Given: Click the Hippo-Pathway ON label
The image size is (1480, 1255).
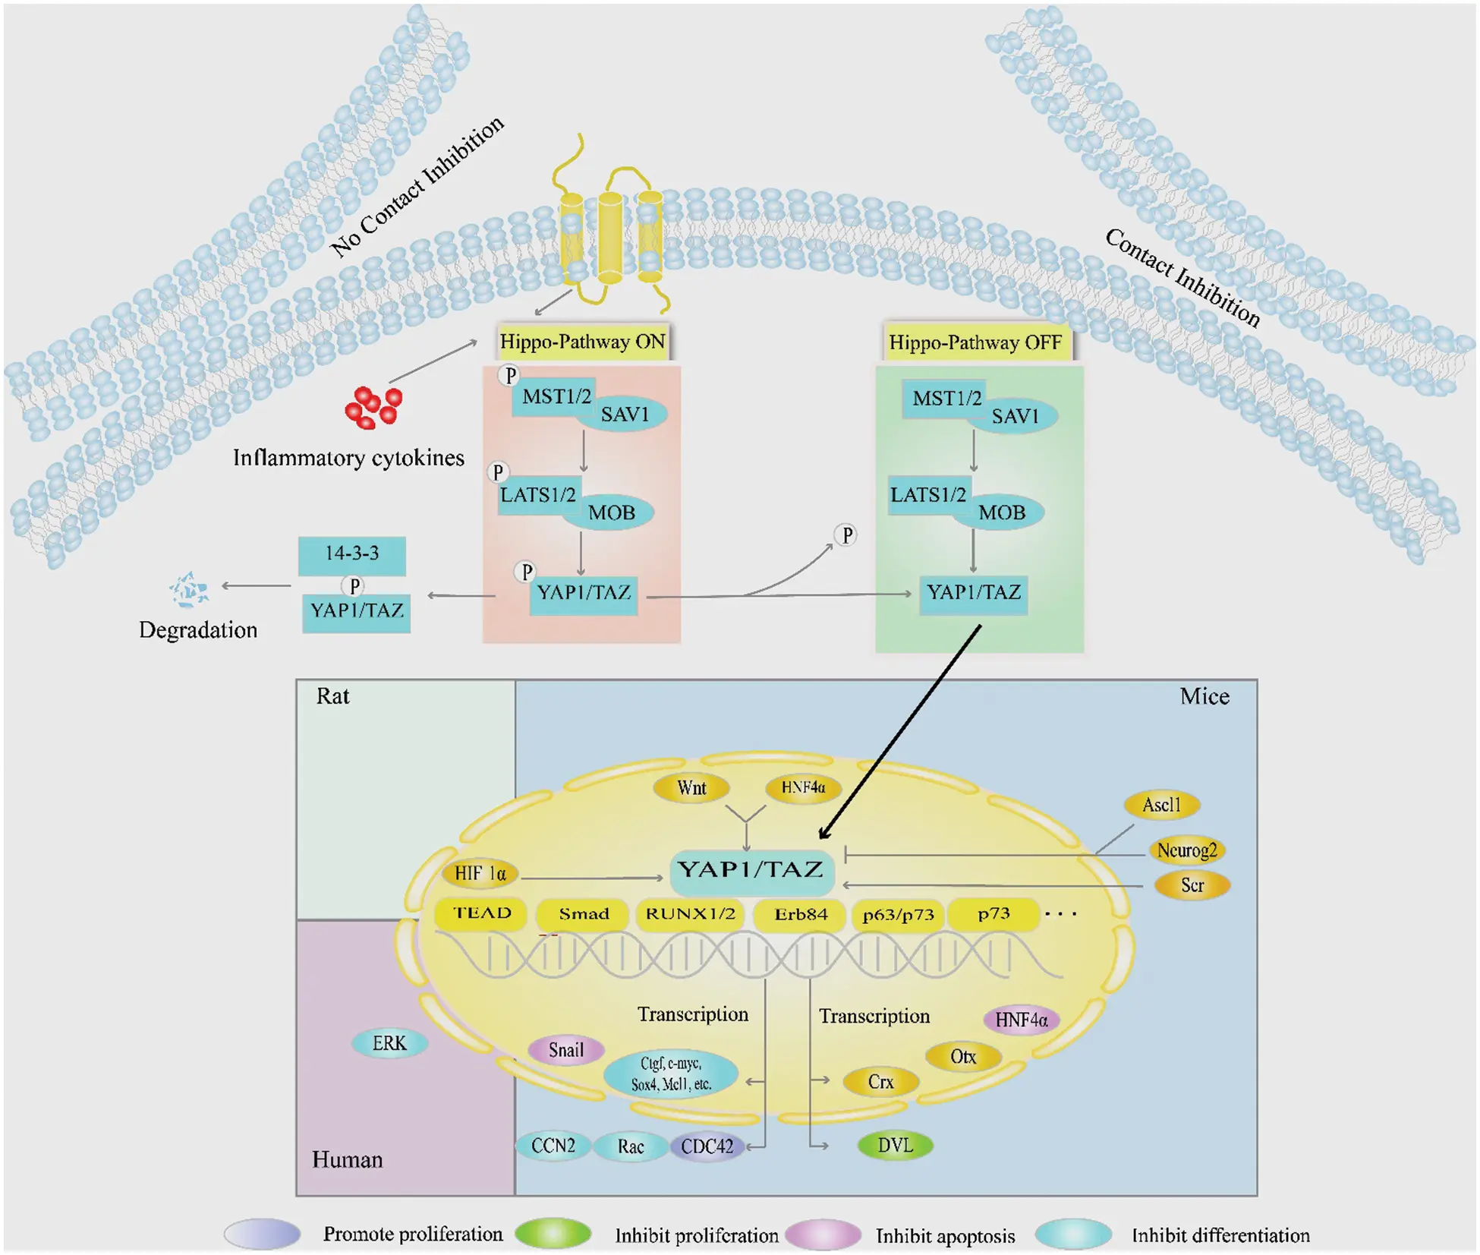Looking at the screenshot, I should [x=582, y=342].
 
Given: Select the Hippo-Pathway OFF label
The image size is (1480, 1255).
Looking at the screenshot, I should [x=975, y=342].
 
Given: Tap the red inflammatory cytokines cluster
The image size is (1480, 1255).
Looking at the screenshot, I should [x=373, y=408].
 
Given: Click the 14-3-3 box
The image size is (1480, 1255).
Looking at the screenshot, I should [x=351, y=553].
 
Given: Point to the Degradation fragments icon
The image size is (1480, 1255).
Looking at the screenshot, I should [x=187, y=590].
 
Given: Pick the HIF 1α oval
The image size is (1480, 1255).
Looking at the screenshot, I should [x=480, y=873].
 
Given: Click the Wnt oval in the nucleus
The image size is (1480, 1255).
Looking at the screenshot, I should [x=691, y=788].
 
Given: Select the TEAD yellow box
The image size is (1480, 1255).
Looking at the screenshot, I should [x=481, y=914].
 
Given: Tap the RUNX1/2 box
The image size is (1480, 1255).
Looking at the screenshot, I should [x=690, y=914].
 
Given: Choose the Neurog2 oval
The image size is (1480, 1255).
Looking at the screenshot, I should [x=1186, y=850].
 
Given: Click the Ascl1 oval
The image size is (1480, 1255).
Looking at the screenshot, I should [x=1161, y=805].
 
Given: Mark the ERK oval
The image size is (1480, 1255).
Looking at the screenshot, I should [x=389, y=1043].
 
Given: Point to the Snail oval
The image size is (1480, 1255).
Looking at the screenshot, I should [x=566, y=1050].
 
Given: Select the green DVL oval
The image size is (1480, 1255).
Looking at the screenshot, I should [x=895, y=1145].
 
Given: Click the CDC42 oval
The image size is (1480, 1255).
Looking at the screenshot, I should [x=707, y=1146].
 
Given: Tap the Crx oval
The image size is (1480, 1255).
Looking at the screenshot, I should [x=880, y=1082].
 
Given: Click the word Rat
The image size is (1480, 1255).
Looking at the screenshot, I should [x=332, y=696].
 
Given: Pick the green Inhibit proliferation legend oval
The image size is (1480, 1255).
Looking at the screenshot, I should [x=553, y=1234].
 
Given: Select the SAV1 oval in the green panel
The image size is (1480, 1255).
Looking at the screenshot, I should [x=1015, y=416].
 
